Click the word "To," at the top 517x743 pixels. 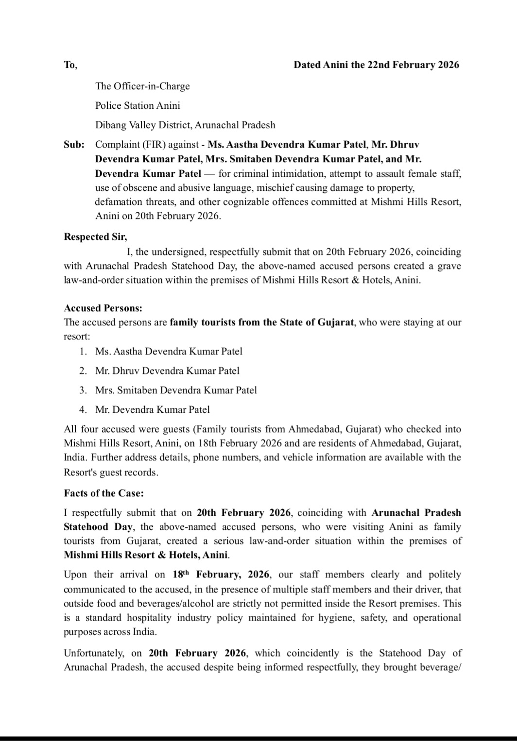70,65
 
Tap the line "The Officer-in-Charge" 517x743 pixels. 142,86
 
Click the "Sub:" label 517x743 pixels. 74,144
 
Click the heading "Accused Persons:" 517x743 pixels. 103,308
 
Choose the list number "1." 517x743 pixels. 84,351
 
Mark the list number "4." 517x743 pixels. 84,409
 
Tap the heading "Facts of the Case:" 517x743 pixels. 103,493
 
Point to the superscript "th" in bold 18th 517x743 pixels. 188,572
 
